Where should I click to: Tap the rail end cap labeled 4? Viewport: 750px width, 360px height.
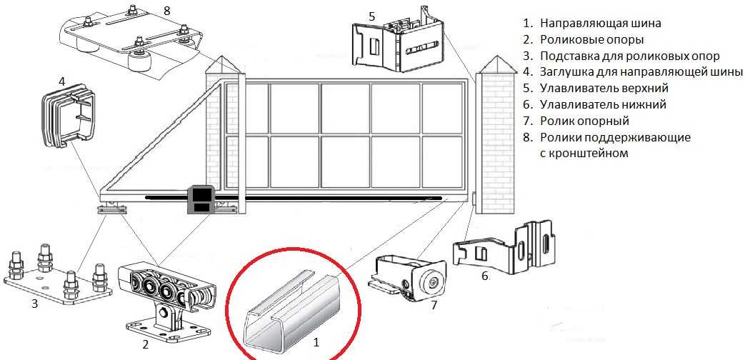(68, 115)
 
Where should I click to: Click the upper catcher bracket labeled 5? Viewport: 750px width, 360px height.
(397, 42)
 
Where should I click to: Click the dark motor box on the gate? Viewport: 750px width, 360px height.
(201, 199)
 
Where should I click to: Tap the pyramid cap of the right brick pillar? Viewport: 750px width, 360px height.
(499, 64)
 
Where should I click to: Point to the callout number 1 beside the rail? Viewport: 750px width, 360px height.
(315, 342)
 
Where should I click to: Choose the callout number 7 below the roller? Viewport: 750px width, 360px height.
(434, 304)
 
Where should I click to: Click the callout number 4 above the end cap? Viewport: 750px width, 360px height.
(61, 81)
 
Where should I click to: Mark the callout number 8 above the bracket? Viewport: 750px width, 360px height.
(166, 11)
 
